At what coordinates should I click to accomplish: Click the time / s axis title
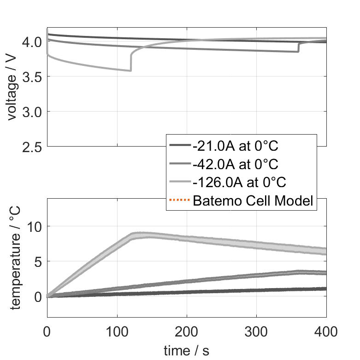186,351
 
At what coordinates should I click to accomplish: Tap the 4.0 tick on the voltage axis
33,42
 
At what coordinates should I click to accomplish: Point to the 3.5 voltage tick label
33,77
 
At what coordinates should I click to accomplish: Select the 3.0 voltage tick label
33,112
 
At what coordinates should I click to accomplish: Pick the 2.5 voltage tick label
33,147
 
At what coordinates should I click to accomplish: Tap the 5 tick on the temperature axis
39,261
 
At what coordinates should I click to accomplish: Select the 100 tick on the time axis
117,331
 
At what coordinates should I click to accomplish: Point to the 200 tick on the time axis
187,331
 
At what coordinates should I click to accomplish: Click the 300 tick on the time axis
256,331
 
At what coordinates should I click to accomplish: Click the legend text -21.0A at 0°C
236,146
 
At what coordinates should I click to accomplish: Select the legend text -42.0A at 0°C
236,164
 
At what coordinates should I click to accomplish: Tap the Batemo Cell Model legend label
253,201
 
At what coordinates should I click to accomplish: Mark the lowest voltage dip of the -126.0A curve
130,71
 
